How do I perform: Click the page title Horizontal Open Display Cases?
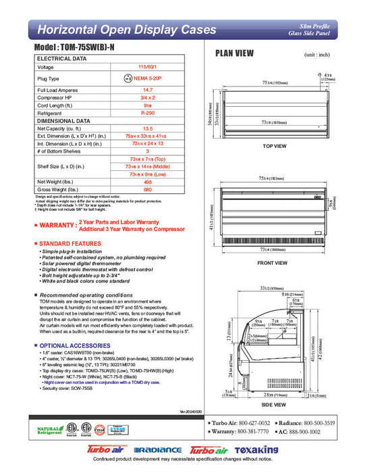tap(127, 30)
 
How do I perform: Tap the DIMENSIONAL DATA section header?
tap(65, 121)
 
